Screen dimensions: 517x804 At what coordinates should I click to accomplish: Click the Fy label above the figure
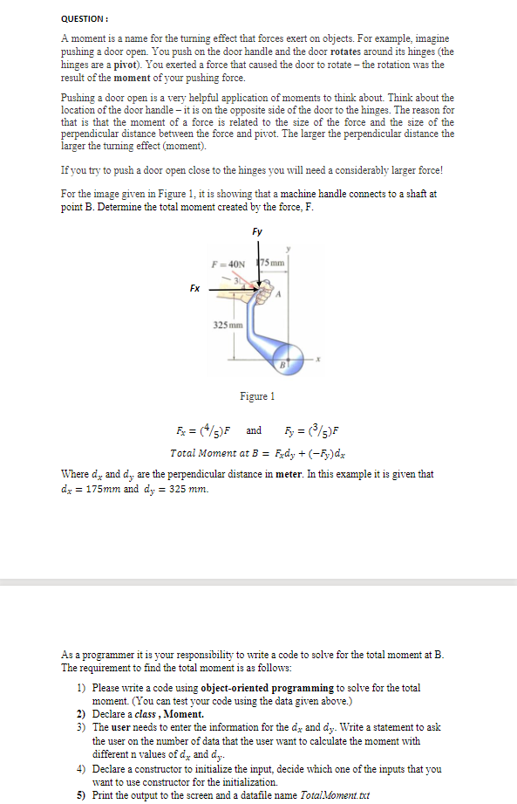tap(257, 231)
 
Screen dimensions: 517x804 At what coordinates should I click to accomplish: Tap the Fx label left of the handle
tap(194, 285)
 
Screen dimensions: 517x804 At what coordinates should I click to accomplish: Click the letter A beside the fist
tap(279, 293)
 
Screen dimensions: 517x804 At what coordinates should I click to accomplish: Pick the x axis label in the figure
tap(320, 358)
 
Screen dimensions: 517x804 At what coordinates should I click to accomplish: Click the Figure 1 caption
tap(257, 395)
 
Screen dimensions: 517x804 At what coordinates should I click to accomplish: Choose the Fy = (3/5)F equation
tap(311, 430)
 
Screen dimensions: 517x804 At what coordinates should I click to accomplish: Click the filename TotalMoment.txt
tap(334, 795)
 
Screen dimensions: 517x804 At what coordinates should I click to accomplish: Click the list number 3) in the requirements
tap(80, 726)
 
